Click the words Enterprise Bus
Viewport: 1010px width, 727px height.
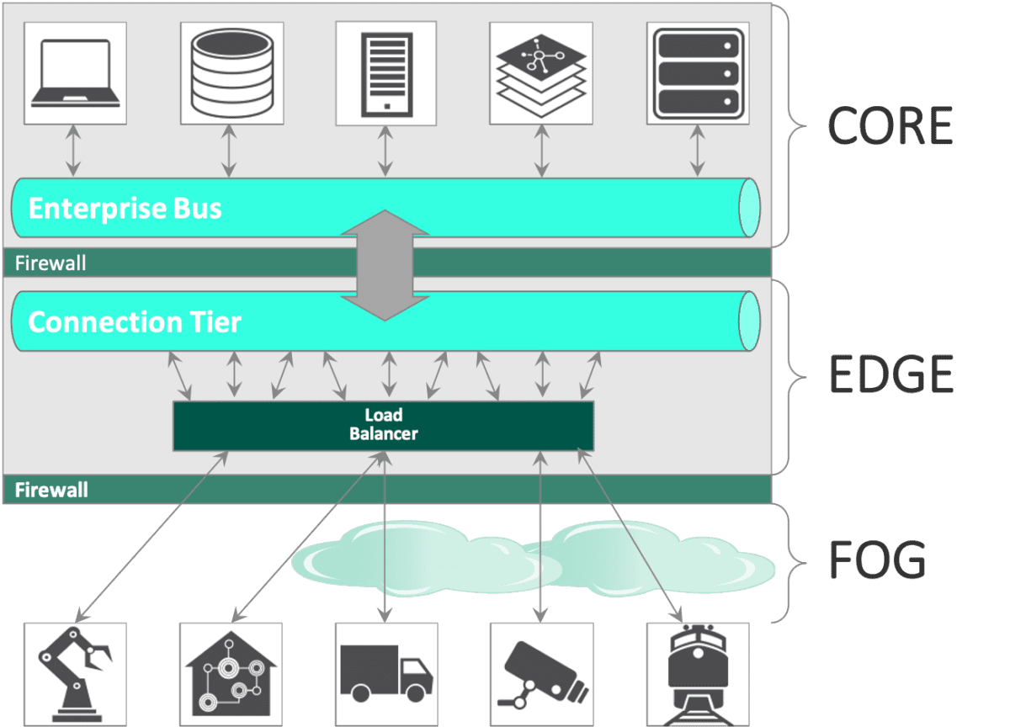125,208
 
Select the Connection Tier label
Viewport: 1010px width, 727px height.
135,322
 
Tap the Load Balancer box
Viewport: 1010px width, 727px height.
383,425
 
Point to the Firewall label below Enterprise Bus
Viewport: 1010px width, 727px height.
50,263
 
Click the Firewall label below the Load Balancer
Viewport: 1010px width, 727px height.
51,490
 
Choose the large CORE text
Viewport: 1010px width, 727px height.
890,125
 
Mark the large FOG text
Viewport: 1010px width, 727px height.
878,560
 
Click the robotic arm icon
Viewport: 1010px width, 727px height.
75,673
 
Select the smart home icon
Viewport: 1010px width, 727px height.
230,673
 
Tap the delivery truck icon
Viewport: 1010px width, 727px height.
386,673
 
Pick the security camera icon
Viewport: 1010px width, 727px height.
540,673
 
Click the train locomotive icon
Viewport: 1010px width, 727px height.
697,673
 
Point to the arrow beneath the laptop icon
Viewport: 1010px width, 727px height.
75,151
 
